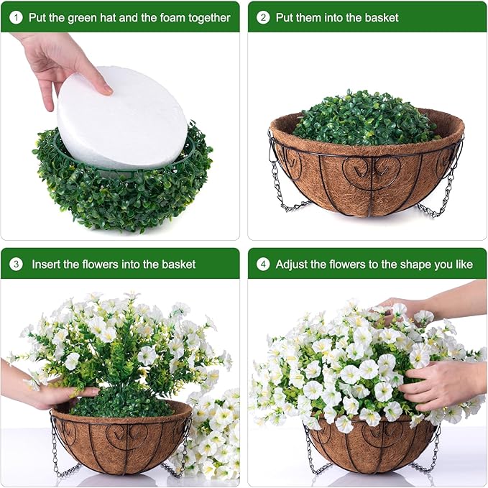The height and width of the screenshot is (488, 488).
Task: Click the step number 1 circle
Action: click(x=16, y=17)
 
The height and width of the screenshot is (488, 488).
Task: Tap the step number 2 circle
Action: click(x=263, y=17)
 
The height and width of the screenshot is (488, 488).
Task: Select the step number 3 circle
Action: click(x=16, y=264)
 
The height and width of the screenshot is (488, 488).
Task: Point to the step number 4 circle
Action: click(x=263, y=264)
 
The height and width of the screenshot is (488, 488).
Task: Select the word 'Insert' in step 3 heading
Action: click(x=47, y=264)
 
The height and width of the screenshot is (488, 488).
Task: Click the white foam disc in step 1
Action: click(x=122, y=119)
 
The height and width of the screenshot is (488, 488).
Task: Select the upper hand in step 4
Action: click(x=402, y=306)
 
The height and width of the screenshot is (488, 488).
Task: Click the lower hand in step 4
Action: click(x=442, y=385)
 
